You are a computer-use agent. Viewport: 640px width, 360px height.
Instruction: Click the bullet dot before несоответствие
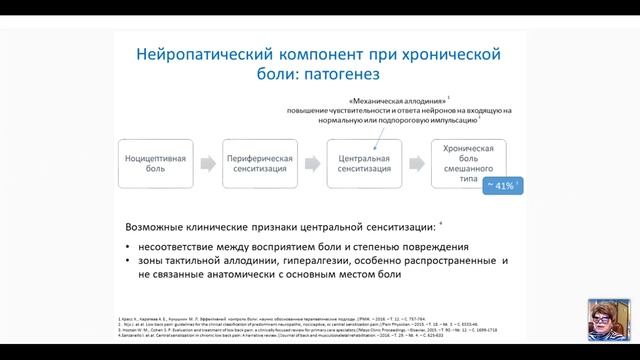click(127, 246)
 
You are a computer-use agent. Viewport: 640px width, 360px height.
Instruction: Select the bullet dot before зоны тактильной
click(127, 262)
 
